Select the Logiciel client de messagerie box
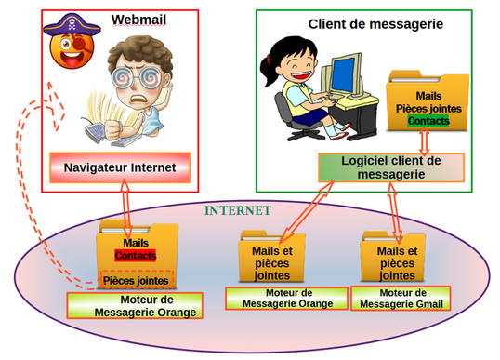point(382,167)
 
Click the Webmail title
point(136,20)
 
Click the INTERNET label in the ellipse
point(238,211)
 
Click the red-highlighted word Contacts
point(134,255)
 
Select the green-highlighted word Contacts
point(428,121)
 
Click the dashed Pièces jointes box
point(136,279)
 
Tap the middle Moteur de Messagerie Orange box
point(285,298)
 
